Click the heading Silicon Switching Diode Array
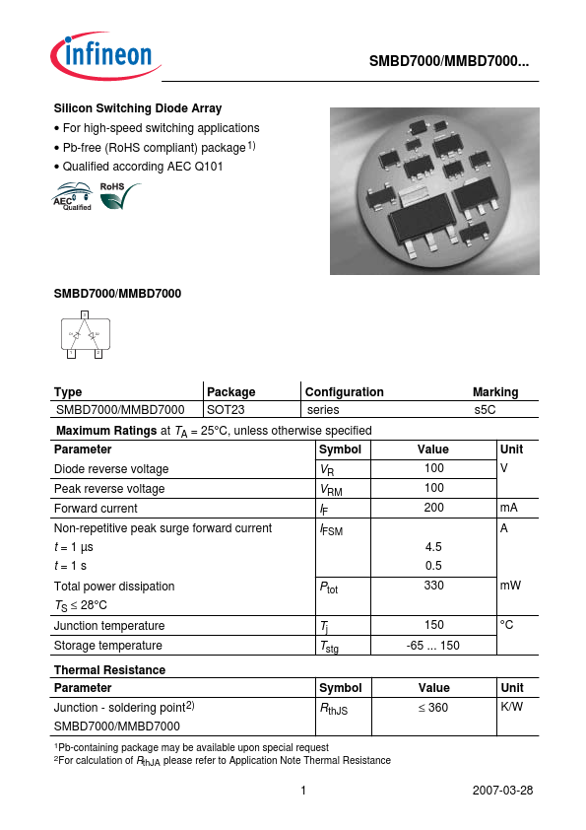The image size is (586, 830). pos(137,108)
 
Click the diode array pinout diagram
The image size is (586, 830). pos(85,335)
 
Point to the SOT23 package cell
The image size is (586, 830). pos(226,409)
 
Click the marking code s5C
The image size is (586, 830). pos(485,409)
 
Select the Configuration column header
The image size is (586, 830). pos(344,391)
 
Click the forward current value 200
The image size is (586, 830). pos(433,508)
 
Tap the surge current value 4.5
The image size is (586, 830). pos(433,546)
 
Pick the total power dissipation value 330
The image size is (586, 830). pos(433,586)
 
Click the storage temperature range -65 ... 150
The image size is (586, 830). pos(433,645)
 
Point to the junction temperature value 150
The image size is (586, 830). pos(433,625)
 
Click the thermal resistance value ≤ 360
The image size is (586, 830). pos(433,708)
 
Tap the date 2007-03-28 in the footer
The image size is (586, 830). pos(503,791)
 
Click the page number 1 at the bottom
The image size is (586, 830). pos(303,791)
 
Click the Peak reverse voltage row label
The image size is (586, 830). pos(109,489)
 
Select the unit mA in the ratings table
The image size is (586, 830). pos(509,508)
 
